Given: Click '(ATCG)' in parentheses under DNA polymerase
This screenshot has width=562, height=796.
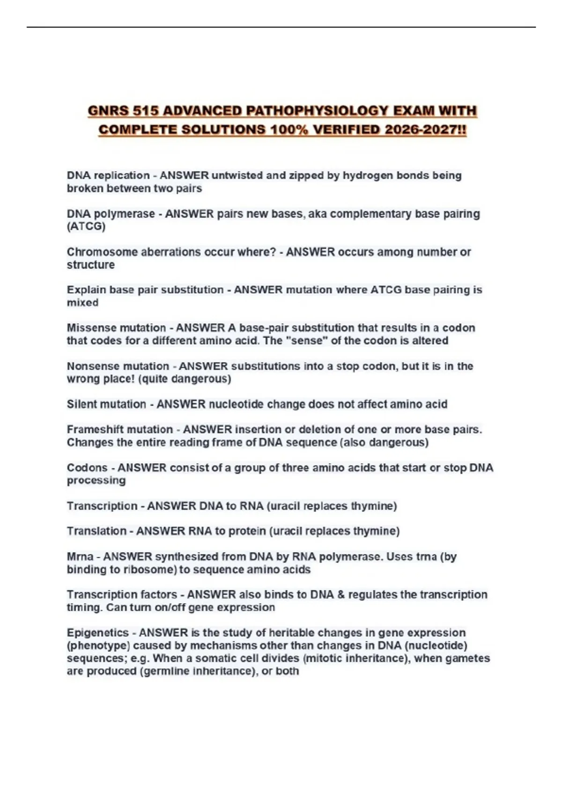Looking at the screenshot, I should pos(86,227).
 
